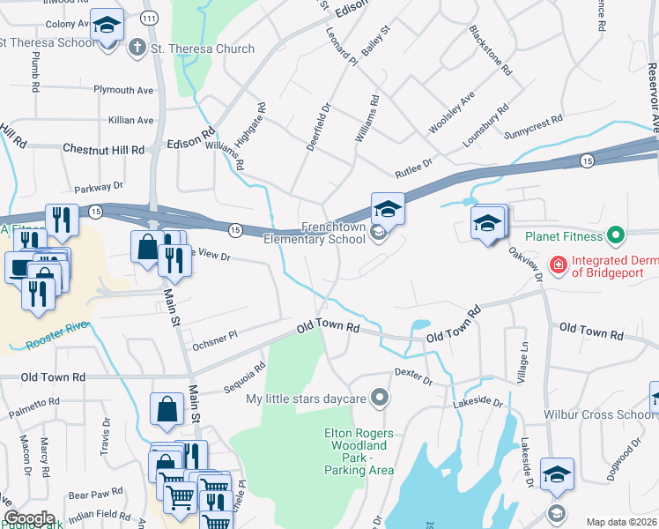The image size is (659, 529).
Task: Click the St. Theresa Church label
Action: [x=203, y=49]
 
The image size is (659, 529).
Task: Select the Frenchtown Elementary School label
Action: [x=321, y=233]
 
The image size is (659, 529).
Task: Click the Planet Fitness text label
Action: [x=564, y=236]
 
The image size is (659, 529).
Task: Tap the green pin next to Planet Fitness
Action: [x=617, y=236]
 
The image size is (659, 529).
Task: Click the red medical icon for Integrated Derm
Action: [x=557, y=264]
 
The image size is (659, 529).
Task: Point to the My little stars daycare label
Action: [x=306, y=399]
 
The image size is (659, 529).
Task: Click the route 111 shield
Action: [x=151, y=18]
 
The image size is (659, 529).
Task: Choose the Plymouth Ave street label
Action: [x=124, y=90]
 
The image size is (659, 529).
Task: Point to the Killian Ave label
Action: [x=131, y=120]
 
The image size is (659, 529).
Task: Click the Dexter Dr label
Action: [x=413, y=378]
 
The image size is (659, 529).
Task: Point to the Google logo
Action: [x=28, y=518]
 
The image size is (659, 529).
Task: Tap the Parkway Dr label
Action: [x=99, y=187]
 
